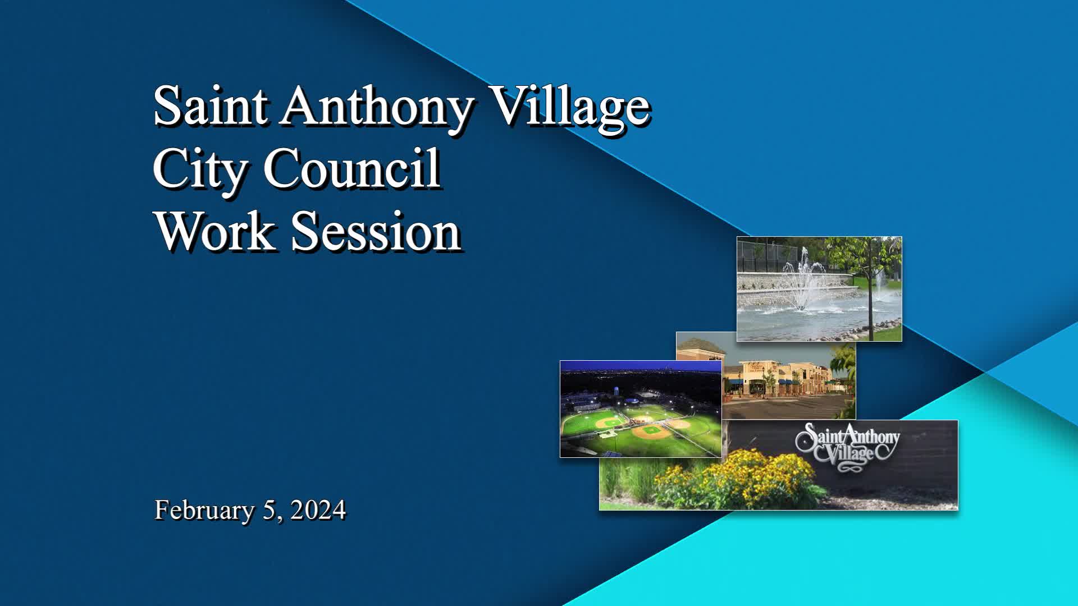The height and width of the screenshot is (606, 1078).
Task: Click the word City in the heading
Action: (199, 169)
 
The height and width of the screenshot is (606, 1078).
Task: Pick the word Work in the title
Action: (215, 231)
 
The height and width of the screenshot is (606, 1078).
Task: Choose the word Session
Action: (376, 231)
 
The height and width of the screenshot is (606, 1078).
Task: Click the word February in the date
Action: (204, 511)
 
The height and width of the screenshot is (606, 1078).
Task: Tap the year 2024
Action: (318, 510)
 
